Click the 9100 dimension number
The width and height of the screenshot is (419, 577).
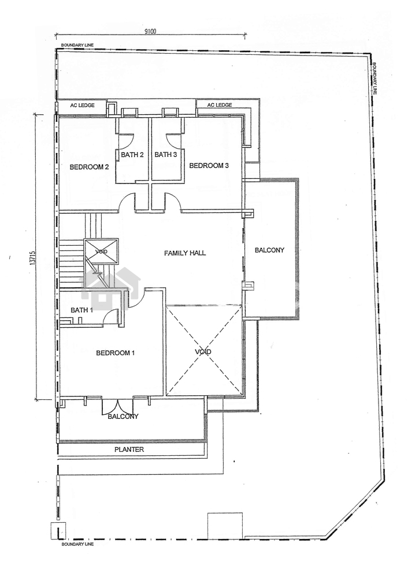[x=150, y=31]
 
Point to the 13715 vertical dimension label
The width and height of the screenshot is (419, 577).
[x=33, y=257]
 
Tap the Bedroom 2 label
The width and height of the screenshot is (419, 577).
[x=89, y=167]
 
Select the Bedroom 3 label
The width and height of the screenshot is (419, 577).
[x=209, y=166]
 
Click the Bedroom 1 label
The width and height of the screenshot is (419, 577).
[x=116, y=353]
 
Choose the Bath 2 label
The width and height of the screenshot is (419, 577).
[x=132, y=155]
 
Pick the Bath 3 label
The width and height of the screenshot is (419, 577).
[x=165, y=155]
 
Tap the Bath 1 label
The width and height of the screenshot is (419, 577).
[x=82, y=310]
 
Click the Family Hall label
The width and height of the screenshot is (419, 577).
[x=185, y=253]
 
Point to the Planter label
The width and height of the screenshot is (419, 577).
[x=129, y=449]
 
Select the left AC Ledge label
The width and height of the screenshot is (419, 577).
[x=82, y=105]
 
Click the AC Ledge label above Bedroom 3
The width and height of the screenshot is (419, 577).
[x=220, y=105]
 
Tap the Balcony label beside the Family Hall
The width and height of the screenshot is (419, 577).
[x=270, y=250]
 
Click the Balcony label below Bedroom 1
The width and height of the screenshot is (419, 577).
[x=123, y=417]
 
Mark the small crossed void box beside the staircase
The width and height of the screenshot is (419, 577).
[x=101, y=252]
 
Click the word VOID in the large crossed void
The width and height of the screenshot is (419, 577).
[x=203, y=352]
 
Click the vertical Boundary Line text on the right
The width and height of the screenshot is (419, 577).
[x=374, y=78]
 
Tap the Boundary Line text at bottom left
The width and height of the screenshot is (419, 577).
[x=77, y=544]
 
